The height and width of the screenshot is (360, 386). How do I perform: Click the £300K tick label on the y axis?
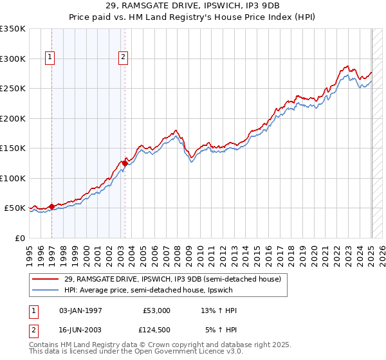click(x=13, y=59)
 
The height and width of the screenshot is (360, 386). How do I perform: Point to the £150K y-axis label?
click(x=13, y=148)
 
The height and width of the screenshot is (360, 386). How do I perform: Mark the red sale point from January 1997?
click(x=52, y=206)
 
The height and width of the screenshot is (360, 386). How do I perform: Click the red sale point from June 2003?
click(x=125, y=163)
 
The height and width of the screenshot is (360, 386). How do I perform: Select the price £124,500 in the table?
click(x=156, y=331)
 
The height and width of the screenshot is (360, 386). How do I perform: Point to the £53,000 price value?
click(x=156, y=310)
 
